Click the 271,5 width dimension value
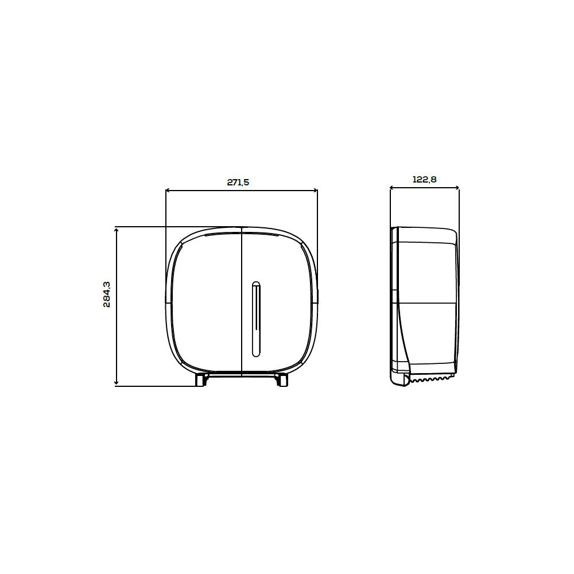(238, 183)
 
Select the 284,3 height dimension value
(107, 294)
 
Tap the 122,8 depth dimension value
(425, 179)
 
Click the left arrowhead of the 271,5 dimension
(168, 191)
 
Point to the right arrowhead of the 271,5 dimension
(315, 191)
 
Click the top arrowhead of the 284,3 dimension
(117, 230)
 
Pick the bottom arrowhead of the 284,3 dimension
(117, 383)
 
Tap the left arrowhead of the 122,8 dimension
(392, 188)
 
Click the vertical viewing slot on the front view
(256, 319)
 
